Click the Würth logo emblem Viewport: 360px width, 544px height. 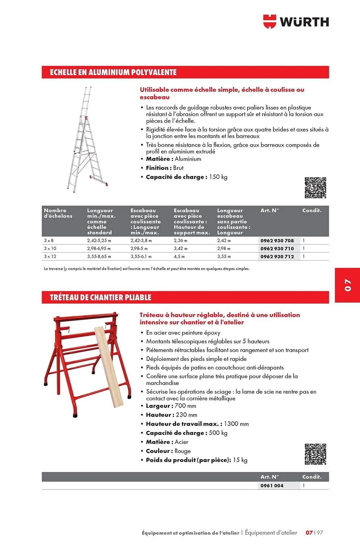point(269,21)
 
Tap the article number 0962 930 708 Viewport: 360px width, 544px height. point(277,241)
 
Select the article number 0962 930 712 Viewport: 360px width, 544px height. point(277,256)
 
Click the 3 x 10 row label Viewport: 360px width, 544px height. point(50,249)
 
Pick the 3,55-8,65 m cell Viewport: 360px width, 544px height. point(99,256)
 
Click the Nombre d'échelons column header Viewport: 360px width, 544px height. point(58,213)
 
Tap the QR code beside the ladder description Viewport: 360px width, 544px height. point(315,188)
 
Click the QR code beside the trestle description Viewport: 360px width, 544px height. point(315,454)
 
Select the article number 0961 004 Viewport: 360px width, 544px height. point(272,486)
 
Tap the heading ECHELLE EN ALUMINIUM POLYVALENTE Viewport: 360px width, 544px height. point(113,72)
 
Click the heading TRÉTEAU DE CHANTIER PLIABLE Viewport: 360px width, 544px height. point(100,297)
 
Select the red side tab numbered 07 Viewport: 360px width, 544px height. point(347,285)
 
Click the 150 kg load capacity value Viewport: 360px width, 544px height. point(218,177)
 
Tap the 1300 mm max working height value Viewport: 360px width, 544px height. point(236,424)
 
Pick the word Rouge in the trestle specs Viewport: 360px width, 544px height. point(183,451)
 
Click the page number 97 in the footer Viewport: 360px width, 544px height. point(320,533)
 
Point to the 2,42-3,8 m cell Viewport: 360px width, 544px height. point(141,241)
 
